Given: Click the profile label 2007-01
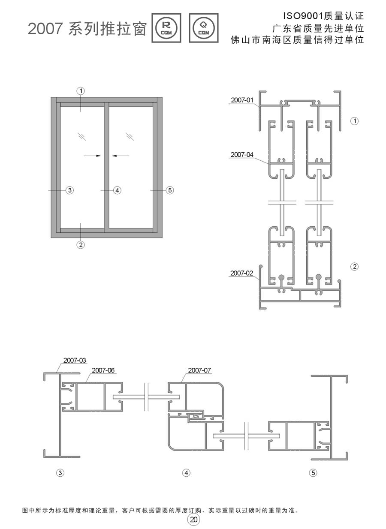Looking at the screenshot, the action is pyautogui.click(x=242, y=100).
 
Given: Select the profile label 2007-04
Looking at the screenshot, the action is pyautogui.click(x=241, y=155).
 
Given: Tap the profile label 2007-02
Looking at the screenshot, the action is pyautogui.click(x=241, y=273).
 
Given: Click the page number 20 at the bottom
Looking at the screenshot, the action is pyautogui.click(x=193, y=520).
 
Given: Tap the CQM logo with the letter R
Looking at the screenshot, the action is pyautogui.click(x=166, y=28).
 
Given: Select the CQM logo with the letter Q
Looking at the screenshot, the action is pyautogui.click(x=204, y=28).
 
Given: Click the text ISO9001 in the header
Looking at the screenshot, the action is pyautogui.click(x=303, y=16).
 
